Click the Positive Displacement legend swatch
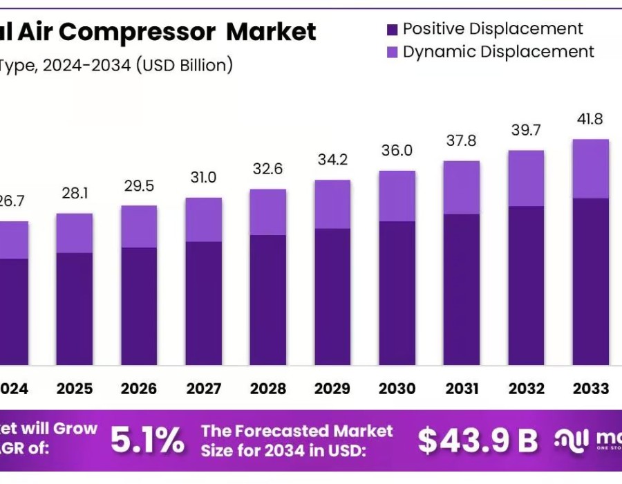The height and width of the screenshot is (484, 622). (x=392, y=29)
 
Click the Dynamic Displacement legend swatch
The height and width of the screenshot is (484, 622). (x=392, y=52)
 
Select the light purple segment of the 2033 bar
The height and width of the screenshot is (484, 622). (x=591, y=169)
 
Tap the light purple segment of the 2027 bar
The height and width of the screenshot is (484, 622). (x=204, y=219)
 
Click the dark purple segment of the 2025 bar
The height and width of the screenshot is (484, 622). (x=75, y=308)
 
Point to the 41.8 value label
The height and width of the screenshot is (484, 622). (x=590, y=119)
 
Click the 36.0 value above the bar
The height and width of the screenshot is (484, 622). (x=397, y=151)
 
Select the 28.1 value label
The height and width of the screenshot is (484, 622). (x=75, y=193)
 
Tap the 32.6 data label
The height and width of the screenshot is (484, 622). (x=268, y=169)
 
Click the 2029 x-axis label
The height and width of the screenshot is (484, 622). (x=332, y=389)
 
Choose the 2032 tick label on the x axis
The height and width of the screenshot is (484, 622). (x=526, y=389)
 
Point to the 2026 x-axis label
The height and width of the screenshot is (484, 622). (x=139, y=389)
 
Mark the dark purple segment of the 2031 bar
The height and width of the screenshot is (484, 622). (x=462, y=289)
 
